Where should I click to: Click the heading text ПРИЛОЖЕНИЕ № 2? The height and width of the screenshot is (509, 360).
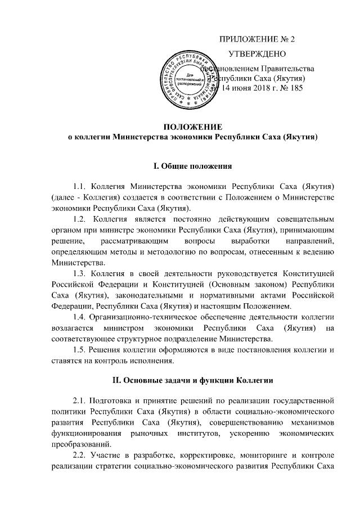(x=256, y=39)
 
